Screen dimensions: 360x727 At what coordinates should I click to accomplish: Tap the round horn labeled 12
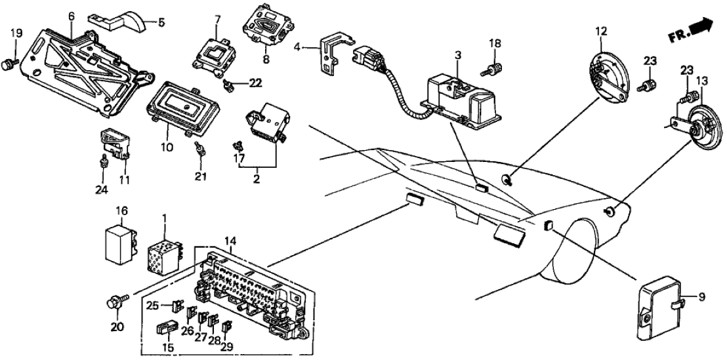608,71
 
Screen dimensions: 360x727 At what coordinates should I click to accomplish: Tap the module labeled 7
214,53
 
